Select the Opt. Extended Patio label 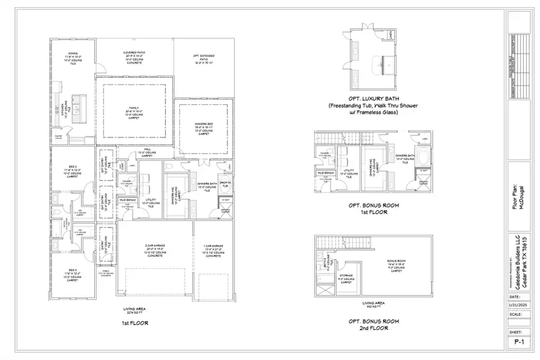tap(205, 59)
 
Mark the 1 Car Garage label tap(213, 250)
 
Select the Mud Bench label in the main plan tap(127, 199)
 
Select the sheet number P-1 tap(520, 343)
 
